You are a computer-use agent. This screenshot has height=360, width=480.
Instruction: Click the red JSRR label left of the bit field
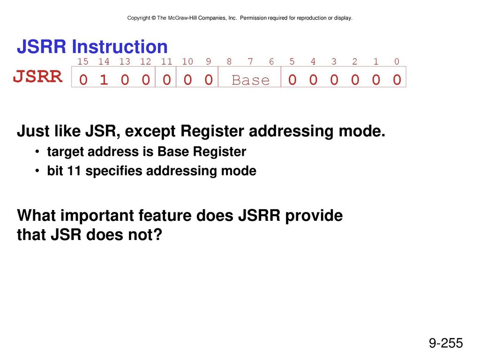(38, 76)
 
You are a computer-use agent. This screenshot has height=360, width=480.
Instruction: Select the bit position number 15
(82, 61)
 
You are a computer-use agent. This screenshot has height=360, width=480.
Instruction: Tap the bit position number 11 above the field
(166, 61)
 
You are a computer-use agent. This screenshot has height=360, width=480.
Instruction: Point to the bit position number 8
(229, 61)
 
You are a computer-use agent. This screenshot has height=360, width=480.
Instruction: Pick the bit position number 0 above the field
(397, 61)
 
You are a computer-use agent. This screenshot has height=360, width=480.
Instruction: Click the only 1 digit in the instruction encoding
(104, 80)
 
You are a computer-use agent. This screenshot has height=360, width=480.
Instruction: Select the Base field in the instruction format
(251, 80)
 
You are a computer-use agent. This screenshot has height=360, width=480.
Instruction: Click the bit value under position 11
(166, 80)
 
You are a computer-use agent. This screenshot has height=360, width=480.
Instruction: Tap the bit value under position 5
(292, 80)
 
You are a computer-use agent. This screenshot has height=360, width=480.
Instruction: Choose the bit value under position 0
(397, 80)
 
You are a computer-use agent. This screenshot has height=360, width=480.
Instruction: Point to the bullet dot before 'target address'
(37, 151)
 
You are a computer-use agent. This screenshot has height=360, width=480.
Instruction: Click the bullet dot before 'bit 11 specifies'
(37, 171)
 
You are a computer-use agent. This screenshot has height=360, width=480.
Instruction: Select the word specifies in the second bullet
(114, 171)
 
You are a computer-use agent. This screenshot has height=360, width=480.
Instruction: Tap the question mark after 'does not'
(157, 235)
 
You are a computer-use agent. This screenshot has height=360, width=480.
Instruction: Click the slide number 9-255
(446, 343)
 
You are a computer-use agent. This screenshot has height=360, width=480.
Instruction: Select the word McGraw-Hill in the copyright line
(182, 18)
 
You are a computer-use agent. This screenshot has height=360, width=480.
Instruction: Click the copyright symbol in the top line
(153, 18)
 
